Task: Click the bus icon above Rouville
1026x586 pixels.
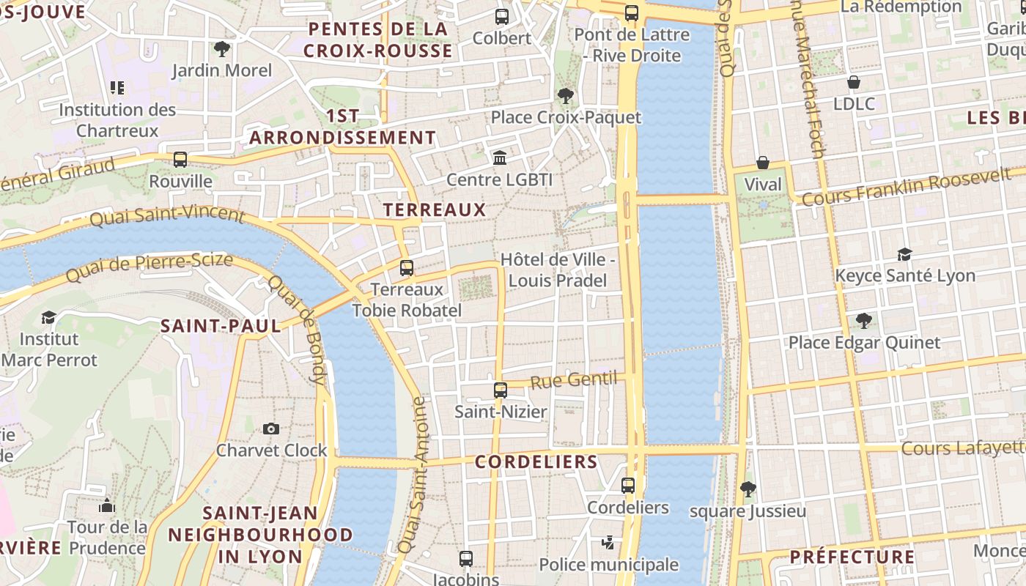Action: pyautogui.click(x=180, y=159)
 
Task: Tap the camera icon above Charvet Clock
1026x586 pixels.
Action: pyautogui.click(x=271, y=429)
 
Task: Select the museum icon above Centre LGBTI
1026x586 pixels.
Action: pyautogui.click(x=500, y=157)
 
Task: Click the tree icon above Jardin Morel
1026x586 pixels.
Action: pyautogui.click(x=221, y=49)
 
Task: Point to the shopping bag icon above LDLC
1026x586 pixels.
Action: pyautogui.click(x=854, y=82)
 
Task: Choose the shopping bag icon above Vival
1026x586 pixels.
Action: pyautogui.click(x=763, y=163)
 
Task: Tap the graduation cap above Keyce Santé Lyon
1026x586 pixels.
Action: pyautogui.click(x=905, y=254)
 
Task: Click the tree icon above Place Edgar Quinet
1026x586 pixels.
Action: pyautogui.click(x=864, y=321)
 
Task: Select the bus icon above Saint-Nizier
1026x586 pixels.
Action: pyautogui.click(x=501, y=390)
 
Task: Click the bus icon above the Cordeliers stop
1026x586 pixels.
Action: pyautogui.click(x=628, y=486)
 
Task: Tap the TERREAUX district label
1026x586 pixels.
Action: pyautogui.click(x=435, y=210)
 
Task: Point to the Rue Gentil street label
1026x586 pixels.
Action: pyautogui.click(x=574, y=380)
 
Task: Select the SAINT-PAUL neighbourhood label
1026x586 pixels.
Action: pyautogui.click(x=221, y=327)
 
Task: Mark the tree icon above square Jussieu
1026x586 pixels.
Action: pyautogui.click(x=748, y=489)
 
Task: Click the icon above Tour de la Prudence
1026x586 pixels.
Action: pyautogui.click(x=107, y=505)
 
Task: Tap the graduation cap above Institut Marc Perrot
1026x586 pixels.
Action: pyautogui.click(x=49, y=317)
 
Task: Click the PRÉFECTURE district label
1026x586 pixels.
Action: pyautogui.click(x=852, y=557)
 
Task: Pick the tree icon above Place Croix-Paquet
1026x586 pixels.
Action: pyautogui.click(x=565, y=95)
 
